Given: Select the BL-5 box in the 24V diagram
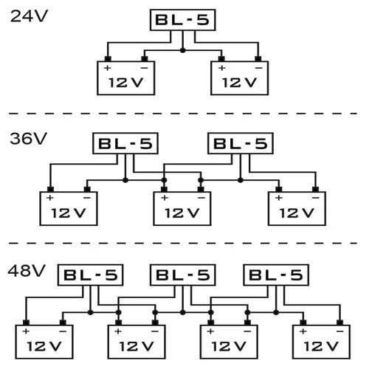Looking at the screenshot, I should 182,19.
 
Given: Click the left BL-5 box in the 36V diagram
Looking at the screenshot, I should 124,144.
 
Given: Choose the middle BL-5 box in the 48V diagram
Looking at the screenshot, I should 182,275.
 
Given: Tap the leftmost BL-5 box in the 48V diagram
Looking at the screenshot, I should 90,275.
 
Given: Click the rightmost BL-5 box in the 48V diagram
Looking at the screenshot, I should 275,275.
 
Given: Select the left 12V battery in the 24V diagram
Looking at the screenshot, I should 127,78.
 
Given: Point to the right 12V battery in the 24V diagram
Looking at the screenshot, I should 240,78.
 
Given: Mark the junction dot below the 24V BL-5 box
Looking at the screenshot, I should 182,50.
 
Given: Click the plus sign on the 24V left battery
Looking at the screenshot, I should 108,68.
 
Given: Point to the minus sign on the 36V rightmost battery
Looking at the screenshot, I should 314,198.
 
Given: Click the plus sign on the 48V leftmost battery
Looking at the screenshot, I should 27,331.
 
